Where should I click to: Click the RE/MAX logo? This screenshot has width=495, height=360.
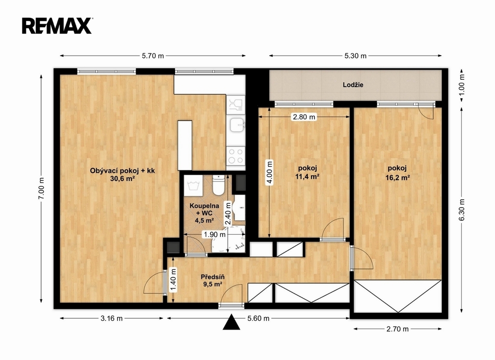point(57,26)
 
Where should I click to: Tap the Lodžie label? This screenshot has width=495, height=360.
point(353,85)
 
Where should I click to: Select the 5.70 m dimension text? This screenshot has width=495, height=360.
point(153,56)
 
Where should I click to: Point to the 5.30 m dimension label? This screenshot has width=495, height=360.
point(355,56)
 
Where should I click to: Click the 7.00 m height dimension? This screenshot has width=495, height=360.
point(41,189)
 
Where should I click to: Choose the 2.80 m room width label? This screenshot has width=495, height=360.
point(304,117)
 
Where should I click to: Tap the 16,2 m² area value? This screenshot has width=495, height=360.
point(397,178)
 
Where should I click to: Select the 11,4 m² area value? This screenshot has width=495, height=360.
point(307,177)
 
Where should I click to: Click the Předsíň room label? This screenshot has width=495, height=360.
point(213,277)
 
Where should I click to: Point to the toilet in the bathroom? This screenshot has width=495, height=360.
point(218,185)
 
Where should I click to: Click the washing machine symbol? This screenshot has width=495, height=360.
point(192,185)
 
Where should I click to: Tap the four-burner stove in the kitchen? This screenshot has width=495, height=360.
point(236,156)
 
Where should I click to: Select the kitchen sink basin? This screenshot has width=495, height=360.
point(236,124)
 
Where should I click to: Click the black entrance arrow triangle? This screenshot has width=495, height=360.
point(232,322)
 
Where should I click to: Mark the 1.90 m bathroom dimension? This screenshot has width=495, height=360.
point(215,235)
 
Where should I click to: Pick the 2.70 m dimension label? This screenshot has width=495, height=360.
point(397,329)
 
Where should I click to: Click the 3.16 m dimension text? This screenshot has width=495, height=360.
point(112,318)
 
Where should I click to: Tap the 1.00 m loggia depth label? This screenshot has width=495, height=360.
point(462,85)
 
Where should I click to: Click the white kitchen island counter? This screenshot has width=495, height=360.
point(185,145)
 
